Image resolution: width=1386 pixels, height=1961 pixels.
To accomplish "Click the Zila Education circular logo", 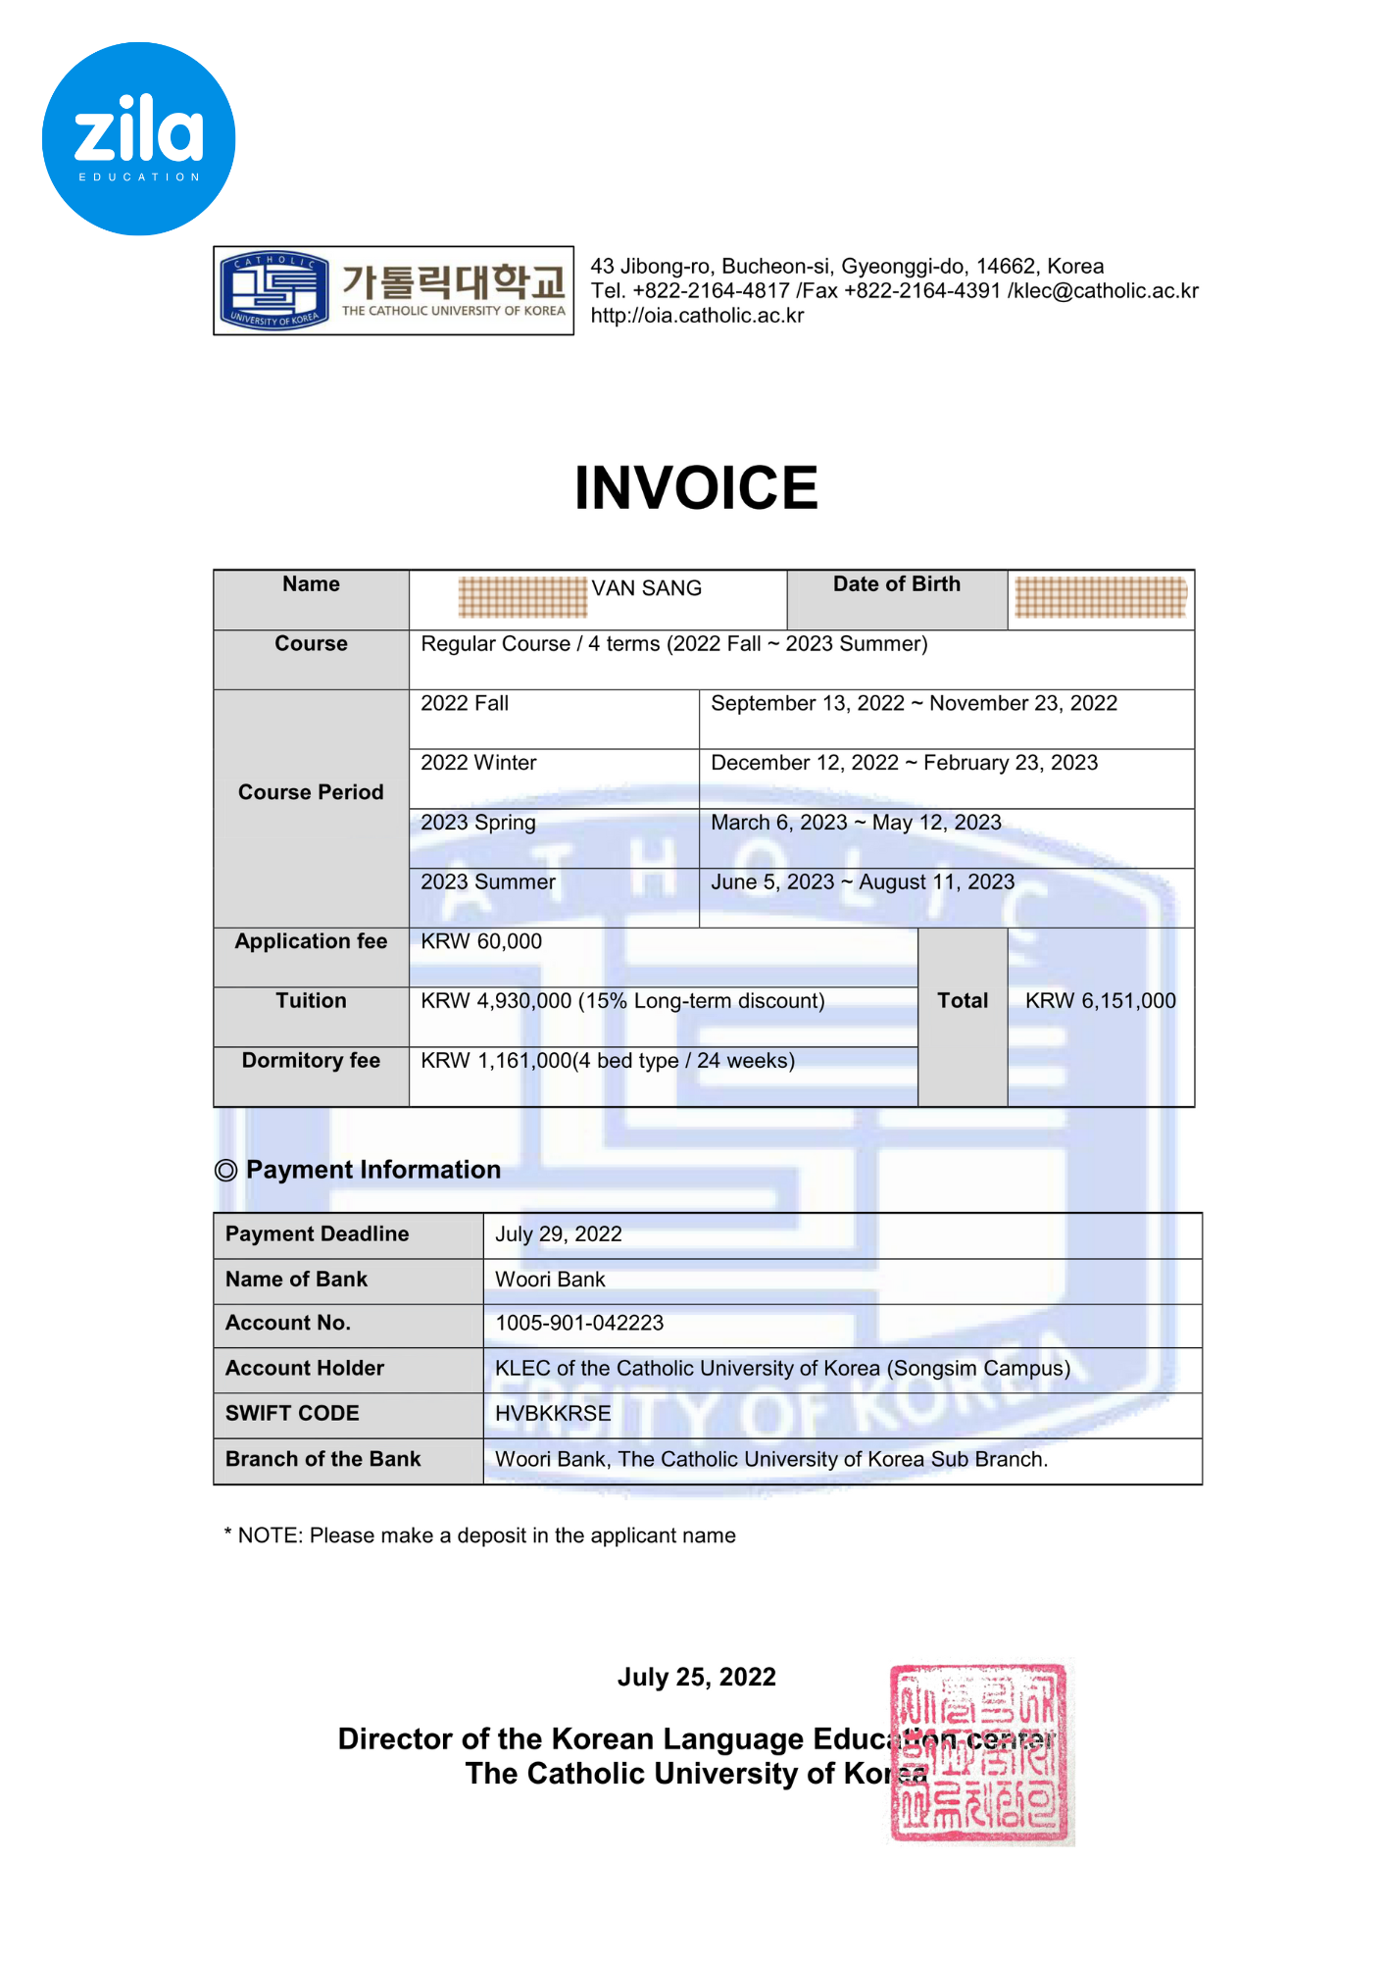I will click(x=138, y=138).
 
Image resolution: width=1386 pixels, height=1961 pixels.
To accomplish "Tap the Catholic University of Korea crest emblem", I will click(x=273, y=290).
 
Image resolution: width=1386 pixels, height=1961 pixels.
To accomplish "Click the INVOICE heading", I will click(x=696, y=488).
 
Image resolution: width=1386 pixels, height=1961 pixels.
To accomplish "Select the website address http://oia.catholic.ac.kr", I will click(x=697, y=316).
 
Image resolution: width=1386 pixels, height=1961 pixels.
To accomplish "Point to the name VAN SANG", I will click(x=646, y=588).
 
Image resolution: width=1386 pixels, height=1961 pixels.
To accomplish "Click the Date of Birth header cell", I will click(x=896, y=585).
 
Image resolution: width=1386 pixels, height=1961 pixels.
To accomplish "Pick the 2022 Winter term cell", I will click(x=478, y=763).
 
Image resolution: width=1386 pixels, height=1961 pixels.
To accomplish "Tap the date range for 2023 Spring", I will click(x=856, y=823).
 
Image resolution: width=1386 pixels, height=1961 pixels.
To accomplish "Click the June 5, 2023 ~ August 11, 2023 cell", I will click(x=863, y=882).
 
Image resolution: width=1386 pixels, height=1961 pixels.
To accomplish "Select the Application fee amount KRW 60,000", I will click(x=481, y=942).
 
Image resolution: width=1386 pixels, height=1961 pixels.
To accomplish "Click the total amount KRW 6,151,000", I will click(x=1100, y=1001).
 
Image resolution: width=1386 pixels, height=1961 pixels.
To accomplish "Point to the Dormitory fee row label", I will click(x=311, y=1061).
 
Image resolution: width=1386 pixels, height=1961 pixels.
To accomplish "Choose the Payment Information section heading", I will click(x=372, y=1170).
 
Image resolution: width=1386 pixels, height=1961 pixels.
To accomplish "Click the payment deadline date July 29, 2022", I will click(x=559, y=1234).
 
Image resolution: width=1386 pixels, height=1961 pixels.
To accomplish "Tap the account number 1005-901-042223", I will click(x=579, y=1324).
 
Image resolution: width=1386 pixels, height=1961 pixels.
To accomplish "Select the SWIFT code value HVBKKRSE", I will click(x=553, y=1414).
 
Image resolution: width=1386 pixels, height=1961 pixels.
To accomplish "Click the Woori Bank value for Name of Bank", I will click(x=550, y=1280).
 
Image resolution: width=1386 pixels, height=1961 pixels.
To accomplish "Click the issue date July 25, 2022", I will click(x=696, y=1678).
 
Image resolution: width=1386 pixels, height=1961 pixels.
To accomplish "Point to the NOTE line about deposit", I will click(x=480, y=1535).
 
